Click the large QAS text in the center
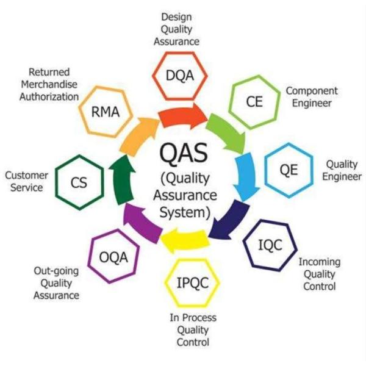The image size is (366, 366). coord(183,152)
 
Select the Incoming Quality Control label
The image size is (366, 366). coord(319,274)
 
